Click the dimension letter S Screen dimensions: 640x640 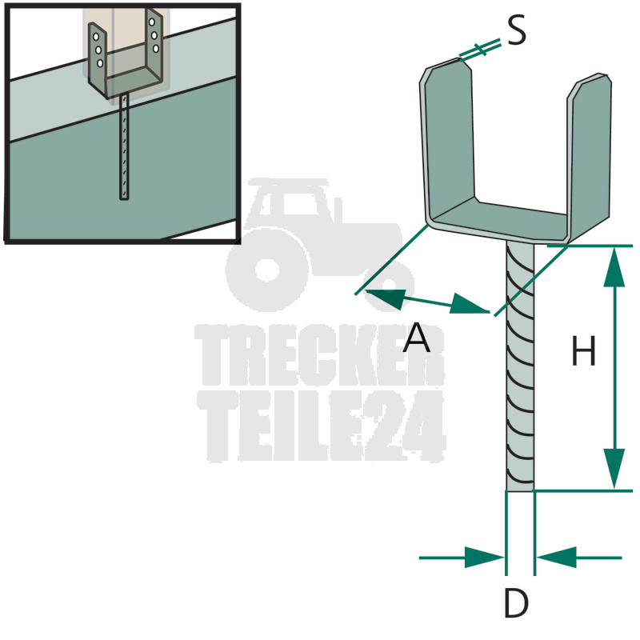click(517, 31)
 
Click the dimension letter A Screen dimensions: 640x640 click(416, 337)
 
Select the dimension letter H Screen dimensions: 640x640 click(584, 350)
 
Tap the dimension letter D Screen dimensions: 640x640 click(516, 602)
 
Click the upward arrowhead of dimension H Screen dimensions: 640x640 click(614, 267)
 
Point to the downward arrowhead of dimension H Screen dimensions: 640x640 click(614, 469)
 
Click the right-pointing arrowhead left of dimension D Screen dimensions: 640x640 click(485, 557)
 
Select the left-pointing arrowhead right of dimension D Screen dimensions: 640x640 click(556, 557)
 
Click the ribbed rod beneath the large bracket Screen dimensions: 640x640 click(520, 366)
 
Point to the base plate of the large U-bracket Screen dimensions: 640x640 click(498, 221)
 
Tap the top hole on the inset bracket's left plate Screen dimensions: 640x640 click(95, 37)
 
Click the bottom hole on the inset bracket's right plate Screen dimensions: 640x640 click(156, 49)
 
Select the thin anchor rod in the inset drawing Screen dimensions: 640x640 click(124, 146)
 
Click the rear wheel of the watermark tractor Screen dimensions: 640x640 click(268, 270)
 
